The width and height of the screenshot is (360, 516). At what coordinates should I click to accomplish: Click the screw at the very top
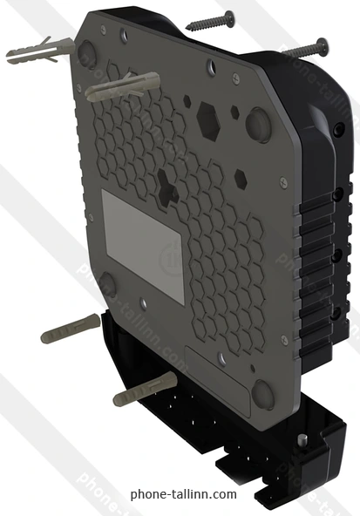coord(210,20)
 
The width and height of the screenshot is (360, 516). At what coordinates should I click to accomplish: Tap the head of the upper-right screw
coord(323,45)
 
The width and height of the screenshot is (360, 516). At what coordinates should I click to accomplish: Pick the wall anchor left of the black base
coord(70,329)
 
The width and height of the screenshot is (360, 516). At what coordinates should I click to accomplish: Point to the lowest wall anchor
coord(145,389)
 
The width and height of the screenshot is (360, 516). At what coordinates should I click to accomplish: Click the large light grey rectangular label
coord(142,246)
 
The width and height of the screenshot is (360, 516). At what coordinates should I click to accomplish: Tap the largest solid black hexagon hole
coord(208,119)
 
